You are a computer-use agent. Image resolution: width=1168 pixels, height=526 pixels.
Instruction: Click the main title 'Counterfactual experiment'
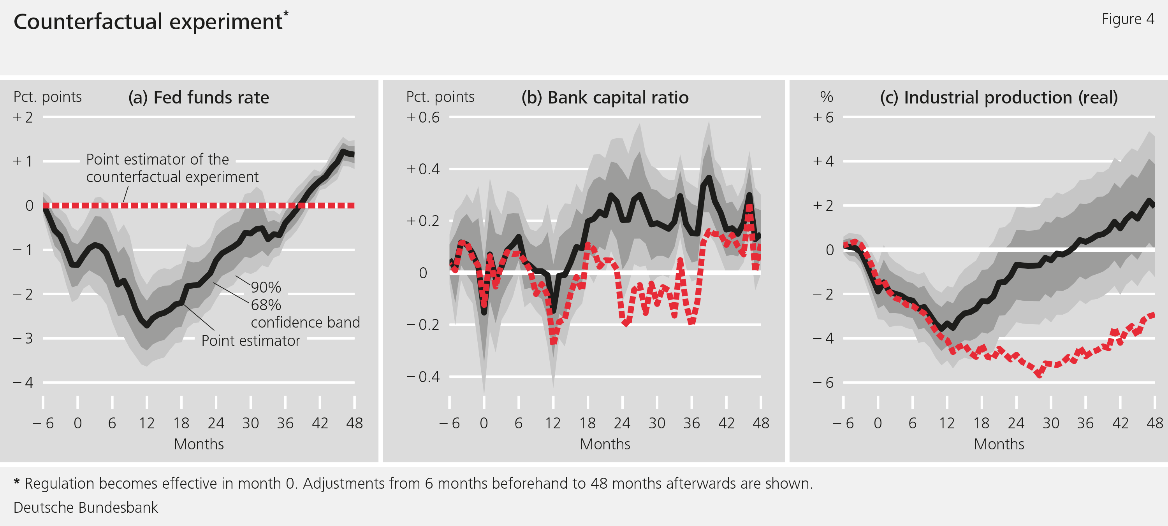coord(148,22)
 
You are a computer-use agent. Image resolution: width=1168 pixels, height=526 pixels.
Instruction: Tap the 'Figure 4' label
coord(1128,19)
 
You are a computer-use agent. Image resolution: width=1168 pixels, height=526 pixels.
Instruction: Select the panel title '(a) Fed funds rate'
coord(199,97)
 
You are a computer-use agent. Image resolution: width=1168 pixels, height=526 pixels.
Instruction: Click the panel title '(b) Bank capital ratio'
coord(605,97)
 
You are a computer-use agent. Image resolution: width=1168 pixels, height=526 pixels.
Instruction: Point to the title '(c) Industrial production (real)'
coord(999,97)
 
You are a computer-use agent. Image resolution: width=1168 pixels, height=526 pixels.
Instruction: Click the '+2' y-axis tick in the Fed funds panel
coord(23,117)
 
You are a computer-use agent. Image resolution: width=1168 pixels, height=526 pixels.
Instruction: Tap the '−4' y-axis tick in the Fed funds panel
coord(23,382)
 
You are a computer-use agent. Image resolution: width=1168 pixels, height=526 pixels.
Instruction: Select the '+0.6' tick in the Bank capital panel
coord(423,117)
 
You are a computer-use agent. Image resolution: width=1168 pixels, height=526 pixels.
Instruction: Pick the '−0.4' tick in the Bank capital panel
coord(423,377)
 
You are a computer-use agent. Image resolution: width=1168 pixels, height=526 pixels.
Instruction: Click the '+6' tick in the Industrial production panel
coord(823,117)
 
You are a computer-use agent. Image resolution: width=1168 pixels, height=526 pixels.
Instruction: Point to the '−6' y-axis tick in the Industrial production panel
coord(823,382)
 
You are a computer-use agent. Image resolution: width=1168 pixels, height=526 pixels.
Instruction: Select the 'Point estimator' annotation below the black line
coord(251,341)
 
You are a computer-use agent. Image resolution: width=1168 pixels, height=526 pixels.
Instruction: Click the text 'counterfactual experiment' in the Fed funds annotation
coord(172,177)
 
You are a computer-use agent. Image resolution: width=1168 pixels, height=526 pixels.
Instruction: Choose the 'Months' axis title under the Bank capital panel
coord(605,444)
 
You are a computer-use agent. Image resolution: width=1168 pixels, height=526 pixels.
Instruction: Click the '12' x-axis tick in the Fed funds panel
coord(146,423)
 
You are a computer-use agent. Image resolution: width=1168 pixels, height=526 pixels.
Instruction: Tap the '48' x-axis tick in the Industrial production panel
coord(1154,423)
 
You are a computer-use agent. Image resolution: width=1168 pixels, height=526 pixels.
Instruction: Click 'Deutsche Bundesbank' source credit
coord(86,507)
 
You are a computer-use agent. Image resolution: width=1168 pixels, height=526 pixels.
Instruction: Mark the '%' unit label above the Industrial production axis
coord(827,96)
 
